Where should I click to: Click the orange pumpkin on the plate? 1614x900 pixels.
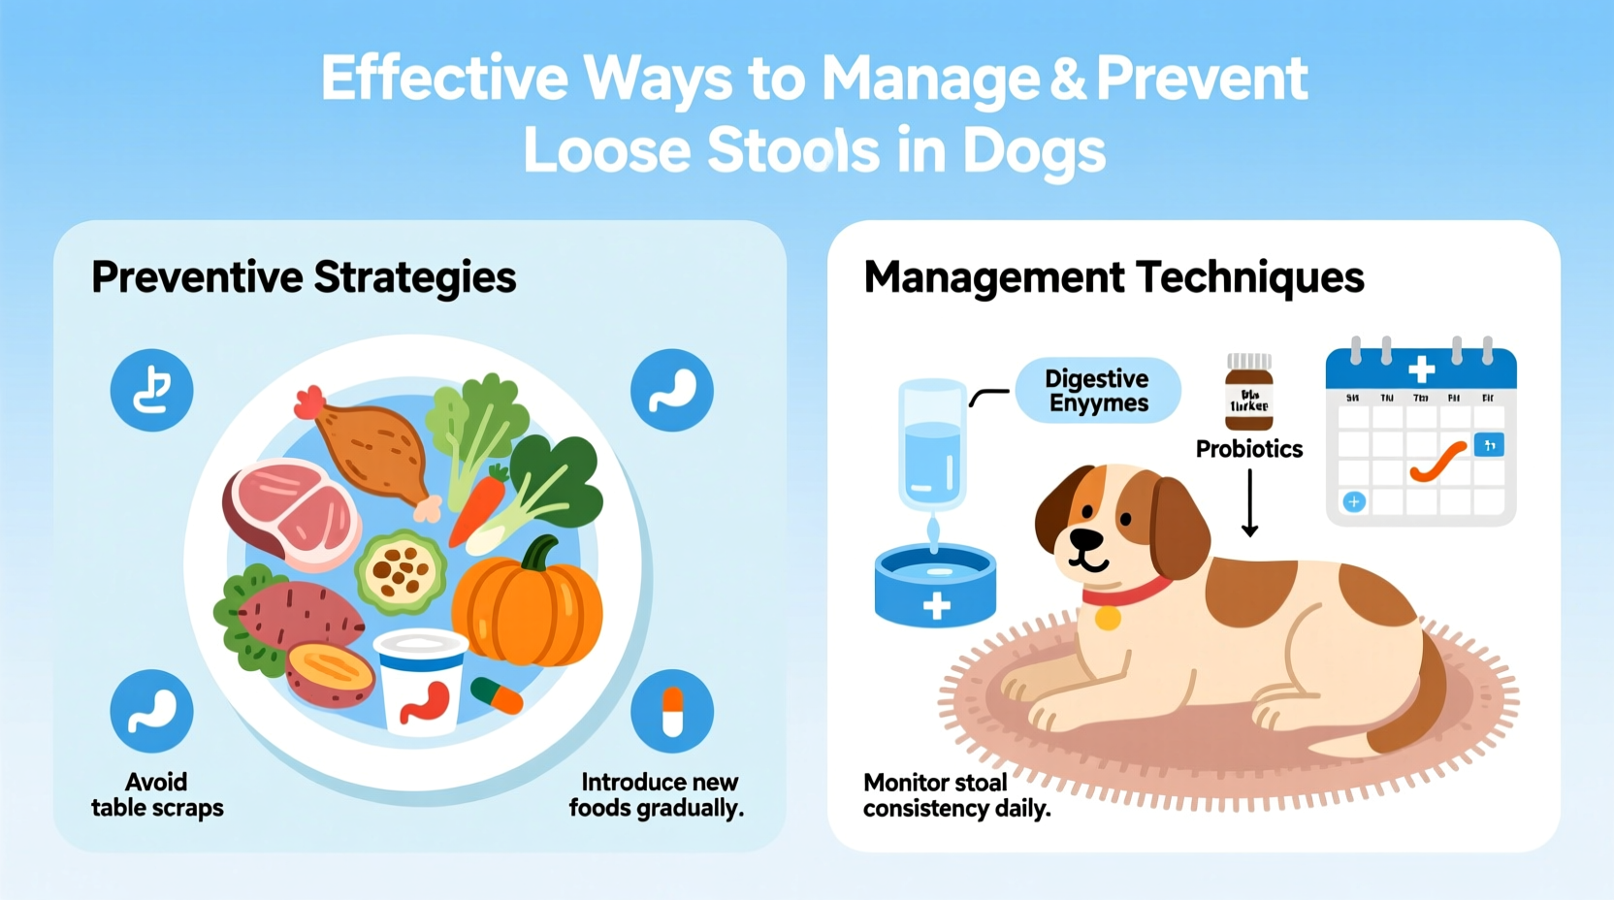(529, 606)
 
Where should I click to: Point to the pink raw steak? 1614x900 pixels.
(291, 511)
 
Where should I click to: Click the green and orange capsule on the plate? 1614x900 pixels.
(497, 694)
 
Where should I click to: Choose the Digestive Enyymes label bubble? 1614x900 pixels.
(1098, 391)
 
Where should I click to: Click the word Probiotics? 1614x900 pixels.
(1249, 449)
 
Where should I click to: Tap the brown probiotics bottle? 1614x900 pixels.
(1249, 393)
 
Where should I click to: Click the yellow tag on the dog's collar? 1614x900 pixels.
(1108, 618)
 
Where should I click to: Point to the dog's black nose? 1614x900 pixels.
(1084, 537)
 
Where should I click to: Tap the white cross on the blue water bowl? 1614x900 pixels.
(936, 606)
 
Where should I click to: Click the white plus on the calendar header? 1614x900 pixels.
(1422, 369)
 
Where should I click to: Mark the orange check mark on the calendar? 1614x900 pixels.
(1437, 461)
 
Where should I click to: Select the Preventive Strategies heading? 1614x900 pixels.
(304, 277)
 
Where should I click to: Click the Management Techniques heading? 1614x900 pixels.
(1114, 277)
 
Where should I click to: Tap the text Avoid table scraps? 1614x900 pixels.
(157, 795)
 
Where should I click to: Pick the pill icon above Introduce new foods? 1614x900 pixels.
(672, 711)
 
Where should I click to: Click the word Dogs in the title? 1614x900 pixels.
(1034, 151)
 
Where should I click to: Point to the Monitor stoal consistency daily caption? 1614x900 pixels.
(956, 795)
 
